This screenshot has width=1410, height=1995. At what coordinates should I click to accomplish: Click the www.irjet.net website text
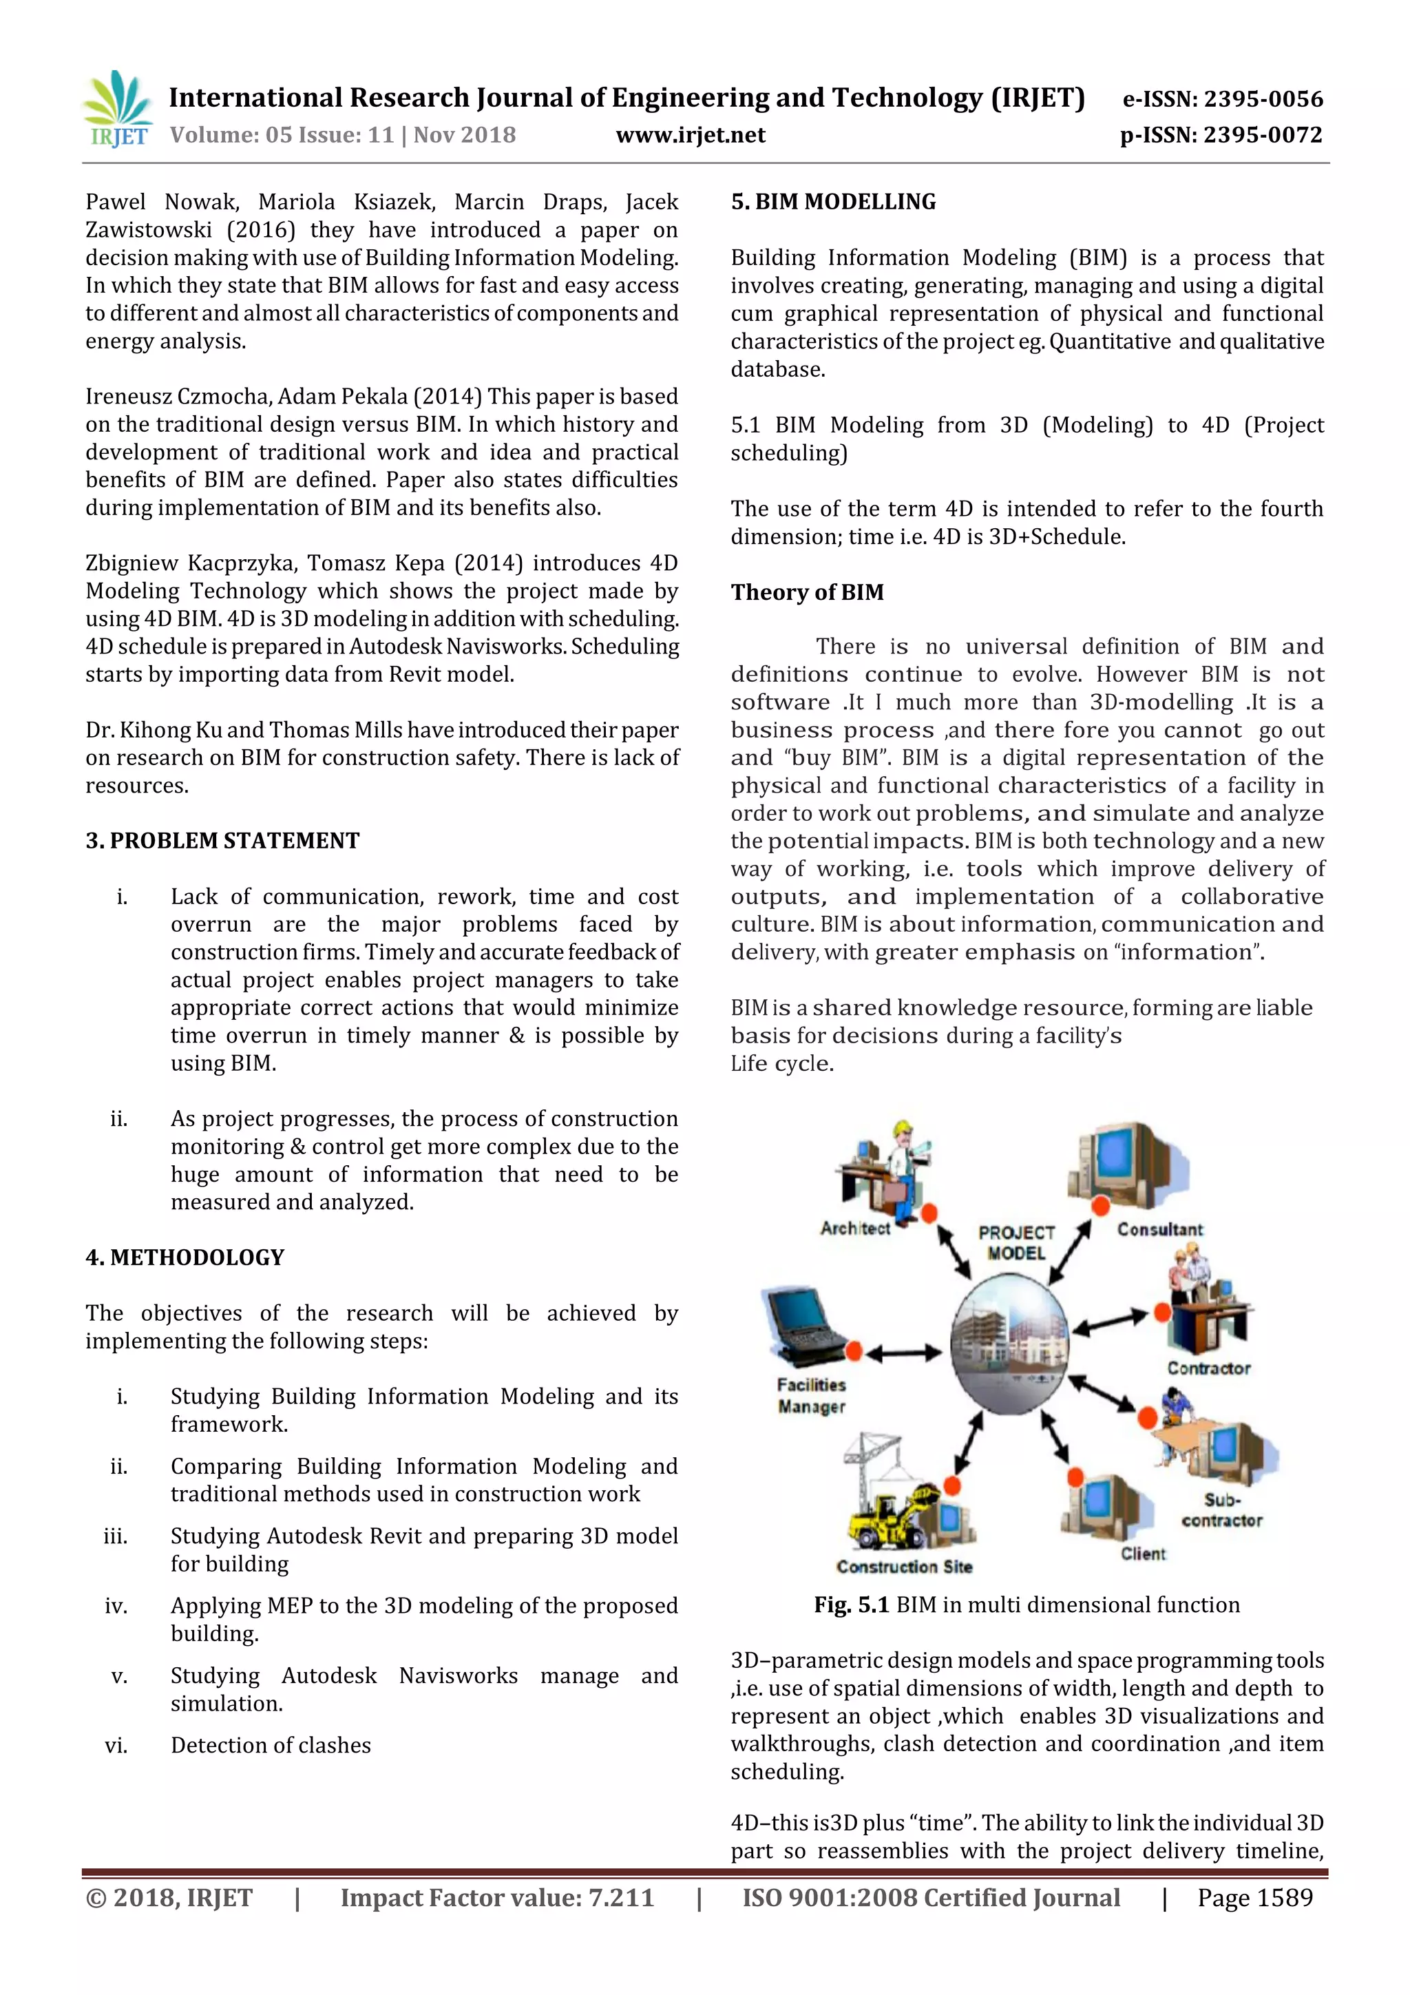(690, 136)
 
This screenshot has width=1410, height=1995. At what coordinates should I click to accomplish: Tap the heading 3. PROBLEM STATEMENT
(222, 840)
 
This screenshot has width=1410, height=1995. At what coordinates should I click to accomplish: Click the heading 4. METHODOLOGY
(185, 1257)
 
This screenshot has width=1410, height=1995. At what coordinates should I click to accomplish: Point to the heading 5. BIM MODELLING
(833, 202)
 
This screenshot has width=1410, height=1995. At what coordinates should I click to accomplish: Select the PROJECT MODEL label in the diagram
(1016, 1242)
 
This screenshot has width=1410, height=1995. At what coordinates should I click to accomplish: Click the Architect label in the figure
(855, 1228)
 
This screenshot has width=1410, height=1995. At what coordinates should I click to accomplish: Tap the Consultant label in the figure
(1160, 1229)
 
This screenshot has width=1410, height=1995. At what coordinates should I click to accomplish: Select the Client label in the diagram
(1142, 1554)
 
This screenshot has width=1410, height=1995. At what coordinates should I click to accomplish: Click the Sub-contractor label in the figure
(1221, 1510)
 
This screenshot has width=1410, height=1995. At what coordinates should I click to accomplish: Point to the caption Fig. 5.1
(850, 1605)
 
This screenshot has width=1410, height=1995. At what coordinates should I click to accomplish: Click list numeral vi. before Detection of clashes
(116, 1745)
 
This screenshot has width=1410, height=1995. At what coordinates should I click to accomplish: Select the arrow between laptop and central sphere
(903, 1352)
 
